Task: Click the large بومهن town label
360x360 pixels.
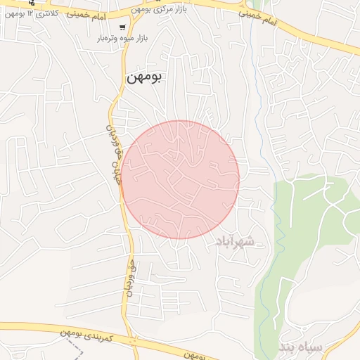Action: click(144, 78)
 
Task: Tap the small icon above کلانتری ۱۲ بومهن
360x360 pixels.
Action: click(32, 3)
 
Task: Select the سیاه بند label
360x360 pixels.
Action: click(300, 347)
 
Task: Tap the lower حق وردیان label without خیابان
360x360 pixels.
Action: click(130, 278)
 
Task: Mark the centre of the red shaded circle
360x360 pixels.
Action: click(180, 179)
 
